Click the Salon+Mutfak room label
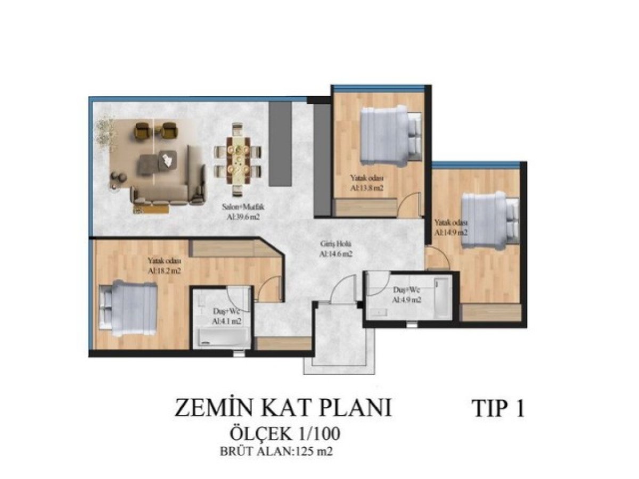[243, 208]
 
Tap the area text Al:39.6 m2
[243, 217]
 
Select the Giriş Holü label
[336, 244]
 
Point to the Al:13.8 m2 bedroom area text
[366, 188]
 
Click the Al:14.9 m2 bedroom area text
[451, 233]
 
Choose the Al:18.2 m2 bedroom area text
[164, 271]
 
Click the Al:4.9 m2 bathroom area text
[407, 300]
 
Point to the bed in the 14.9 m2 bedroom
[490, 220]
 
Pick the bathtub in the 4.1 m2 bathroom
[223, 338]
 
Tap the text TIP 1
[499, 409]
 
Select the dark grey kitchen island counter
[280, 144]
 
